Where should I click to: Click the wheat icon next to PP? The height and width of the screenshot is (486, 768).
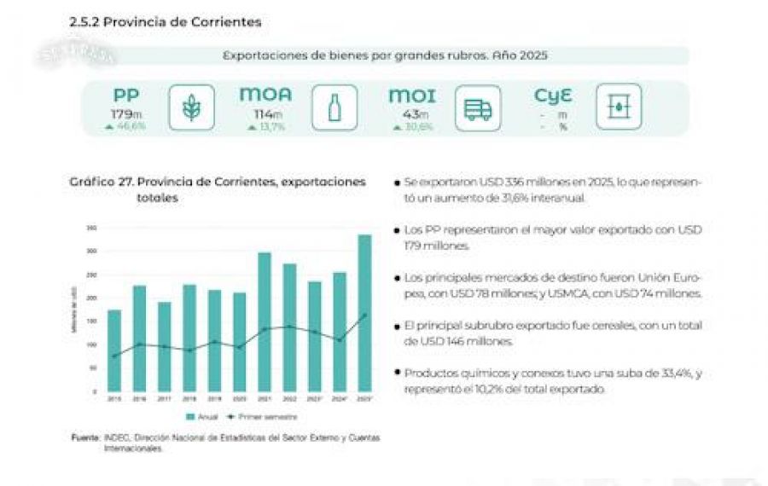191,107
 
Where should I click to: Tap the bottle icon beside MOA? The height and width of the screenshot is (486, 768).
335,107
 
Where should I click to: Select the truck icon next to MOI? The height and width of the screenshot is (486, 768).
477,107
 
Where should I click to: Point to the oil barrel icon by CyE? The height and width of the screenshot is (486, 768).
619,107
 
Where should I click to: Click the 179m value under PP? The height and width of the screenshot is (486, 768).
125,114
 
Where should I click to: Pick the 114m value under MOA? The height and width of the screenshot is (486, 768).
265,114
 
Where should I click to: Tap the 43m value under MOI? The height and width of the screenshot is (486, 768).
411,114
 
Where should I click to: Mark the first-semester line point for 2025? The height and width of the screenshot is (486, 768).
364,315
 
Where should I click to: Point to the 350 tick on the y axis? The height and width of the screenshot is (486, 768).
92,229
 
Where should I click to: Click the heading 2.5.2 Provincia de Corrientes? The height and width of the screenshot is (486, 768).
166,21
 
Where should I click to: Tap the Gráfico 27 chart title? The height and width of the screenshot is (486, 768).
218,182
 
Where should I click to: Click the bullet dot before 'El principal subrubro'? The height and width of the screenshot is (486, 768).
397,326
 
